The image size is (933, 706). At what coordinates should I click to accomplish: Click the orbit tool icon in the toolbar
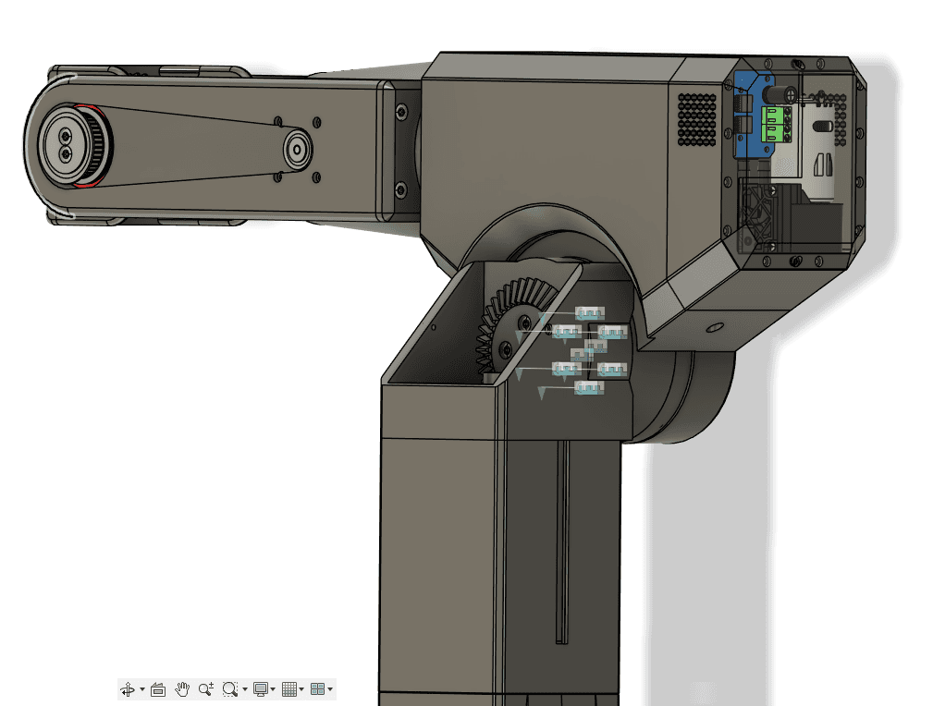128,689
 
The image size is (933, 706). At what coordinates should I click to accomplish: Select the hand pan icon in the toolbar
182,689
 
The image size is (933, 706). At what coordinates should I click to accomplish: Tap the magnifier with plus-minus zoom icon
205,689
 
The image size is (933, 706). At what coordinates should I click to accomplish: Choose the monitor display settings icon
261,689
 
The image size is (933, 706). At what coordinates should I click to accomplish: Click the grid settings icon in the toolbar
289,689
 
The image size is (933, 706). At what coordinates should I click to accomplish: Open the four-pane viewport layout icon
318,689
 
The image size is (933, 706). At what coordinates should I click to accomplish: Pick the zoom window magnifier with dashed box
230,689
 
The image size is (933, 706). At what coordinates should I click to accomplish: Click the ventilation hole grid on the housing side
697,119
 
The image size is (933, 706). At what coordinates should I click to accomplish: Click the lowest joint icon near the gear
589,388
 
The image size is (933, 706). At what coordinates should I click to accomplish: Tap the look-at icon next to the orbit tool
157,689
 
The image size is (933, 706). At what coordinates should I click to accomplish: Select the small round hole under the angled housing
713,327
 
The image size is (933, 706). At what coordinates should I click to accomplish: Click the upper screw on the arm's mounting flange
399,112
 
